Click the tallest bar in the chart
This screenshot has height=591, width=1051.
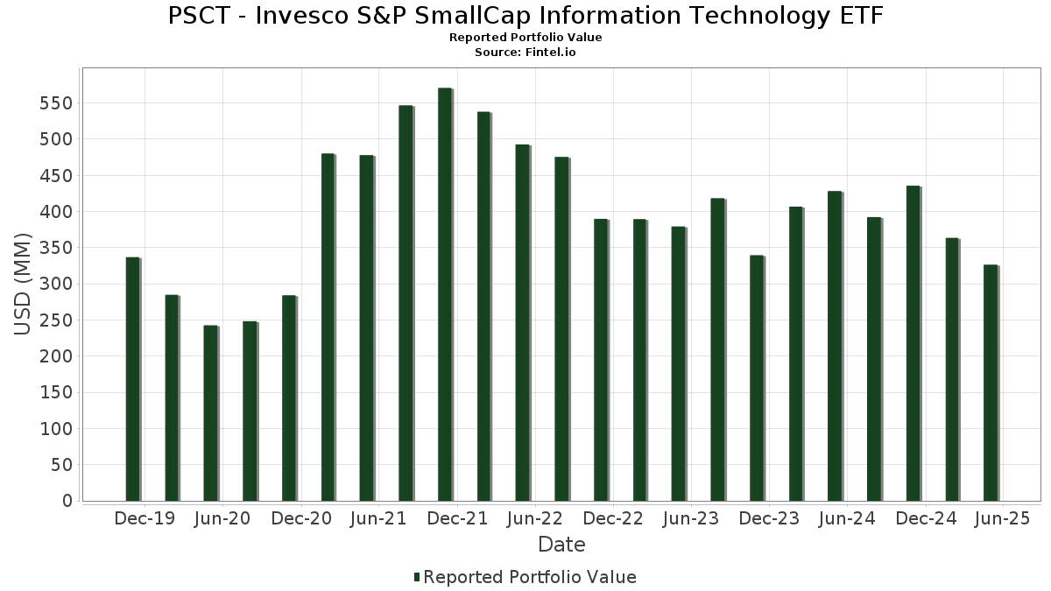coord(445,294)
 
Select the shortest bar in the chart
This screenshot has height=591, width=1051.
coord(210,413)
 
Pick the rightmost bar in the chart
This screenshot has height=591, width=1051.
coord(990,383)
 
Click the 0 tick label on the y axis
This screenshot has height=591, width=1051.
coord(67,501)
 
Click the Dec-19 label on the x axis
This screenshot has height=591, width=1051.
coord(145,519)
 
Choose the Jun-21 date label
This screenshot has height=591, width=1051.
coord(378,519)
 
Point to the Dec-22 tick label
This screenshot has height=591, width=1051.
coord(613,519)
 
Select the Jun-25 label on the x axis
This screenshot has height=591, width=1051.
coord(1003,519)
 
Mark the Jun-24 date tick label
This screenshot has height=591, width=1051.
coord(847,519)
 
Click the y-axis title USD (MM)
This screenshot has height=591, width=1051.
coord(24,284)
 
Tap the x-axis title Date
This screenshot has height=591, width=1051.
coord(561,545)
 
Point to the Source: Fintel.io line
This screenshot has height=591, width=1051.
coord(525,53)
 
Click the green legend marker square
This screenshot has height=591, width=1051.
coord(417,577)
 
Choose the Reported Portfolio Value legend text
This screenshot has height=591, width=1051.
coord(530,577)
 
